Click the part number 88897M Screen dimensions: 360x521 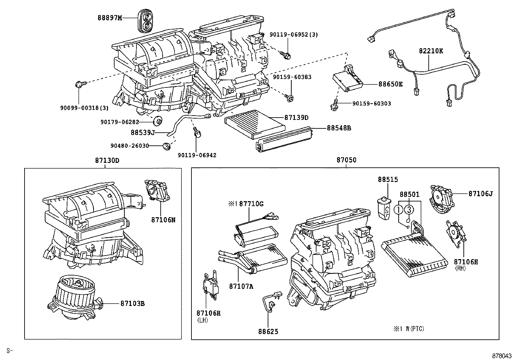(110, 18)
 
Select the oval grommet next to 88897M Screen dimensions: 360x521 (145, 21)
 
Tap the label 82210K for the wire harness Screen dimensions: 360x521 (431, 51)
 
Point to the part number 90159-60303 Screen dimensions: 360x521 (371, 104)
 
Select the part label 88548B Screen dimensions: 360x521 (339, 128)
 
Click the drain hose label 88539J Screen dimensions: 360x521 (142, 133)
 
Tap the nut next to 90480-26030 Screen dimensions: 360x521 (167, 146)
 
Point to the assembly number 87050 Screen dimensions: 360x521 (346, 160)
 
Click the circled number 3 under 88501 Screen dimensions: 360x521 (409, 210)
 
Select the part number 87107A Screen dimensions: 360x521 (241, 286)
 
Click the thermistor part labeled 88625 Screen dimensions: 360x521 (270, 302)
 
